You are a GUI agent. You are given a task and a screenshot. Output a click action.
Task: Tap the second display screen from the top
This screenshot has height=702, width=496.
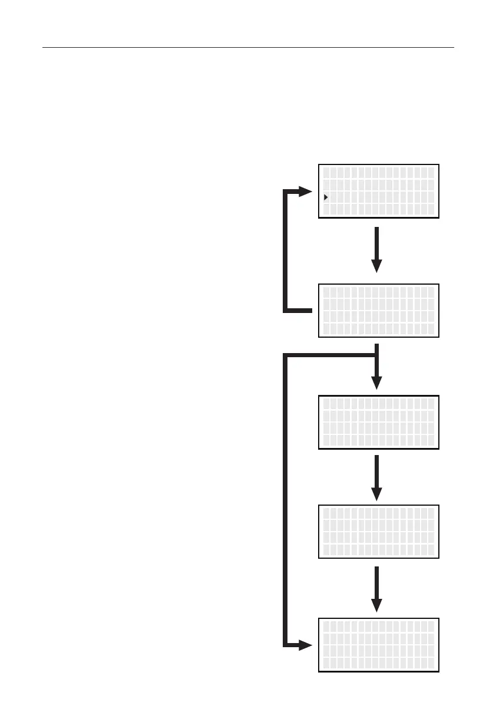pos(379,311)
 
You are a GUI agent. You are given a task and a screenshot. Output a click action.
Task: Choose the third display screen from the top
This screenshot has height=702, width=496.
pos(379,423)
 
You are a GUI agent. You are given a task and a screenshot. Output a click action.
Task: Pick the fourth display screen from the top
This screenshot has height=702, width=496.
pos(379,531)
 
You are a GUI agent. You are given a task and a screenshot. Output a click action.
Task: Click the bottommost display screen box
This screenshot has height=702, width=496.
pos(379,645)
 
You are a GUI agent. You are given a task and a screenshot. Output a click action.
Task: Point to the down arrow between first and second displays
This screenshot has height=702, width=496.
pos(377,250)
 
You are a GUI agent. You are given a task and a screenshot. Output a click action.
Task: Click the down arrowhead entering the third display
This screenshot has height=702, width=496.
pos(377,382)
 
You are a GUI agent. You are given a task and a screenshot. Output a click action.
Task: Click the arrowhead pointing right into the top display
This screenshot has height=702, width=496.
pos(305,192)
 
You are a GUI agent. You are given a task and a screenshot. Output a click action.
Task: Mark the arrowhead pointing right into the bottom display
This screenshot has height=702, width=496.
pos(305,645)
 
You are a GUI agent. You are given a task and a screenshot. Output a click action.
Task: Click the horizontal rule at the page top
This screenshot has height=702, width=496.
pos(248,47)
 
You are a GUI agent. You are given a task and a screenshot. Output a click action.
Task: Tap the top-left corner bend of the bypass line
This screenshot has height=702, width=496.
pos(286,355)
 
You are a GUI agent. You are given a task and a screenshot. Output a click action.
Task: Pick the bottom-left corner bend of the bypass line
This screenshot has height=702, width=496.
pos(286,645)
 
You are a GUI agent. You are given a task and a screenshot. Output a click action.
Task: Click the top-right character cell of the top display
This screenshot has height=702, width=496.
pos(431,173)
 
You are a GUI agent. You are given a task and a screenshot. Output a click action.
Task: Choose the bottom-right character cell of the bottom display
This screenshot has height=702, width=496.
pos(431,664)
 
